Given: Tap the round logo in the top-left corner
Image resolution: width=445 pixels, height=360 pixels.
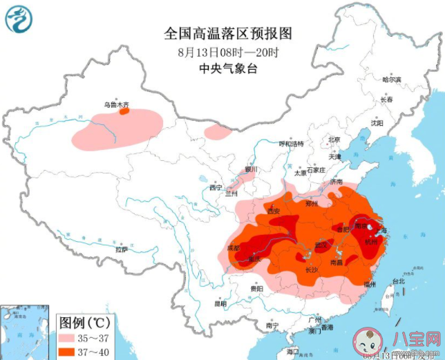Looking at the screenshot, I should point(19,19).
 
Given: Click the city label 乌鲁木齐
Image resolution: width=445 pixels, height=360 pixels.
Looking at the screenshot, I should point(117,104).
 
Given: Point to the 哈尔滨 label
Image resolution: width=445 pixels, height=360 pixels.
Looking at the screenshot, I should point(392,79).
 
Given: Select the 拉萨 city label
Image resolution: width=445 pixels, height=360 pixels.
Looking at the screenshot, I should point(121,249).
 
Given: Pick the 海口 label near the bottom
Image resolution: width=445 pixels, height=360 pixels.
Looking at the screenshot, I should point(293,351).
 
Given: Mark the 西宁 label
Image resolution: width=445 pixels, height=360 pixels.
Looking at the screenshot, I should point(216,187).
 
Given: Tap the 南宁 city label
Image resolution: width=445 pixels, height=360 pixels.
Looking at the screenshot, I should point(272,325).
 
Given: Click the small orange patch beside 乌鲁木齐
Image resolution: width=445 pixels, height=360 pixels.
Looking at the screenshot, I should point(124,111).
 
